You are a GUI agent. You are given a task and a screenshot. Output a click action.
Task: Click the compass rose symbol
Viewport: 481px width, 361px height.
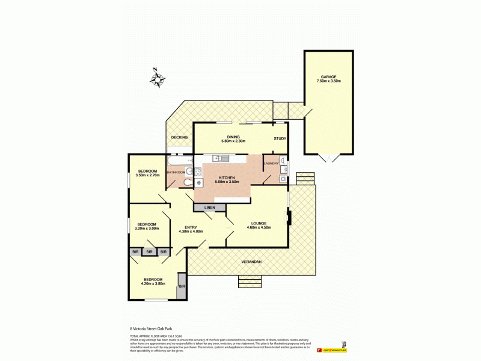(159, 78)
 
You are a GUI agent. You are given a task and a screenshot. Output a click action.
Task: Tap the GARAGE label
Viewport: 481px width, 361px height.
(329, 76)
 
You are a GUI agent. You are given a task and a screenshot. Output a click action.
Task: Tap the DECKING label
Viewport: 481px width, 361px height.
(179, 138)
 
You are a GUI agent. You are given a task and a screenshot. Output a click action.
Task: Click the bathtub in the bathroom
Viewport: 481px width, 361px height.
(179, 161)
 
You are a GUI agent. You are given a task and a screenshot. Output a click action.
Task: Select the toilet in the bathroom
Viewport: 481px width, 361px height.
(188, 182)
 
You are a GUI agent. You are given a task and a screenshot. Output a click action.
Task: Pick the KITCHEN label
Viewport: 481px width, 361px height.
(226, 178)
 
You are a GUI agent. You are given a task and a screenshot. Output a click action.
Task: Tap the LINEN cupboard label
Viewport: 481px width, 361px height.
(209, 208)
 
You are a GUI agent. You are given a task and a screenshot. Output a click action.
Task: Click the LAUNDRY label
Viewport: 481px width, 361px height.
(271, 163)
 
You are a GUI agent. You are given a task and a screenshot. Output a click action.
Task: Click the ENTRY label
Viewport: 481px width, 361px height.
(191, 227)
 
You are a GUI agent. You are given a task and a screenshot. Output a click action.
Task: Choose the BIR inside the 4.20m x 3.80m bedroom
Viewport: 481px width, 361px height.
(182, 286)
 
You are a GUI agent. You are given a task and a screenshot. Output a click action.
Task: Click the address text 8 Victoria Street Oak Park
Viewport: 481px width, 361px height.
(150, 329)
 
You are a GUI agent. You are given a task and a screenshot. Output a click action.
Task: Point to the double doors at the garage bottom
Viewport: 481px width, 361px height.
(329, 158)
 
